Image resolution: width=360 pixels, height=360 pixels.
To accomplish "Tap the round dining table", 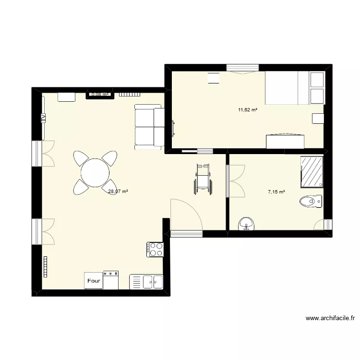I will click(x=95, y=172).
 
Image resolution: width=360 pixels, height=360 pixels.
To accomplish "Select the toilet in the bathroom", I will click(x=311, y=201).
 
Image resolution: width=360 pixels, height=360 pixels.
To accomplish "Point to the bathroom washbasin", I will click(x=247, y=224).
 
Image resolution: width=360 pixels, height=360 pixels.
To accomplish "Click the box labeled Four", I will click(x=94, y=281).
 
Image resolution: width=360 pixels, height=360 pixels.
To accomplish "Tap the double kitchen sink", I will click(x=147, y=282).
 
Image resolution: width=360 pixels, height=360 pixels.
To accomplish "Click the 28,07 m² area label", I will click(x=118, y=192).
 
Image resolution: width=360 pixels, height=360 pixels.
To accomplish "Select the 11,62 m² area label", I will click(x=248, y=110).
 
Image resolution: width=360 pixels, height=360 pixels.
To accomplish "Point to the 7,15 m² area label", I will click(x=276, y=192).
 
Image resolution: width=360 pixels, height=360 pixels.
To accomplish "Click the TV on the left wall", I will click(x=43, y=117).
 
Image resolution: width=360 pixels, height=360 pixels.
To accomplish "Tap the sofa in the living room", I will click(x=149, y=126).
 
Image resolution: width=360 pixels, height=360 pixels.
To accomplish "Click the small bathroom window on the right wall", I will click(x=328, y=224).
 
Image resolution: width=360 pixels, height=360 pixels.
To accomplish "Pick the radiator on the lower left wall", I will click(x=46, y=266).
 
